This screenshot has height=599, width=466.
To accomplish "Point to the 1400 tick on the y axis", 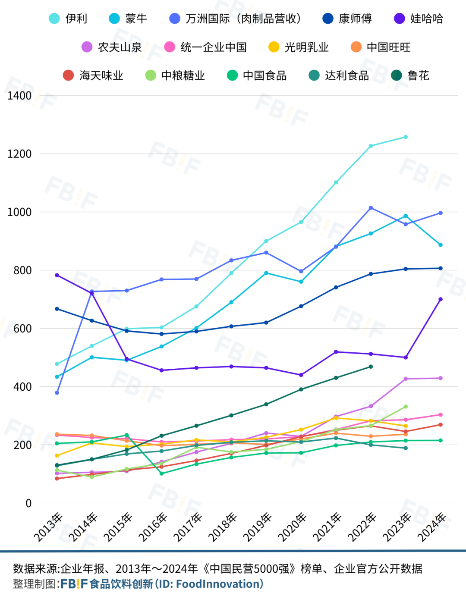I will pos(19,95).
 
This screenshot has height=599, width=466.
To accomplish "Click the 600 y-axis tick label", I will pos(22,328).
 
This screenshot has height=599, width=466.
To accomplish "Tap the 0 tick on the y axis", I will pos(28,503).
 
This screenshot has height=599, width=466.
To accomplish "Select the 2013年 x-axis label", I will pos(48,527).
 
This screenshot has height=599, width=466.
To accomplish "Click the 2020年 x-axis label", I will pos(292,527).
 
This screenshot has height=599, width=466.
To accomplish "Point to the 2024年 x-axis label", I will pos(431,527).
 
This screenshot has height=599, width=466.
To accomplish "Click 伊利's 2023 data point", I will pos(406,137).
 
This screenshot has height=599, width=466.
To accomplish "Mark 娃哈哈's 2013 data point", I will pos(57,275).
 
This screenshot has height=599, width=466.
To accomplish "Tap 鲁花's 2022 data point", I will pos(371,367).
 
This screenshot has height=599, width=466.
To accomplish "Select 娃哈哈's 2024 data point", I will pos(441,299).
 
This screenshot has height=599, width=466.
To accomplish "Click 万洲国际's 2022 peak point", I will pos(371,208).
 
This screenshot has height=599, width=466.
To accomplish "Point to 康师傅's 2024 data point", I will pos(441,268).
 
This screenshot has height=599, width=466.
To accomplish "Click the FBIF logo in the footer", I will pos(74,584).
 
